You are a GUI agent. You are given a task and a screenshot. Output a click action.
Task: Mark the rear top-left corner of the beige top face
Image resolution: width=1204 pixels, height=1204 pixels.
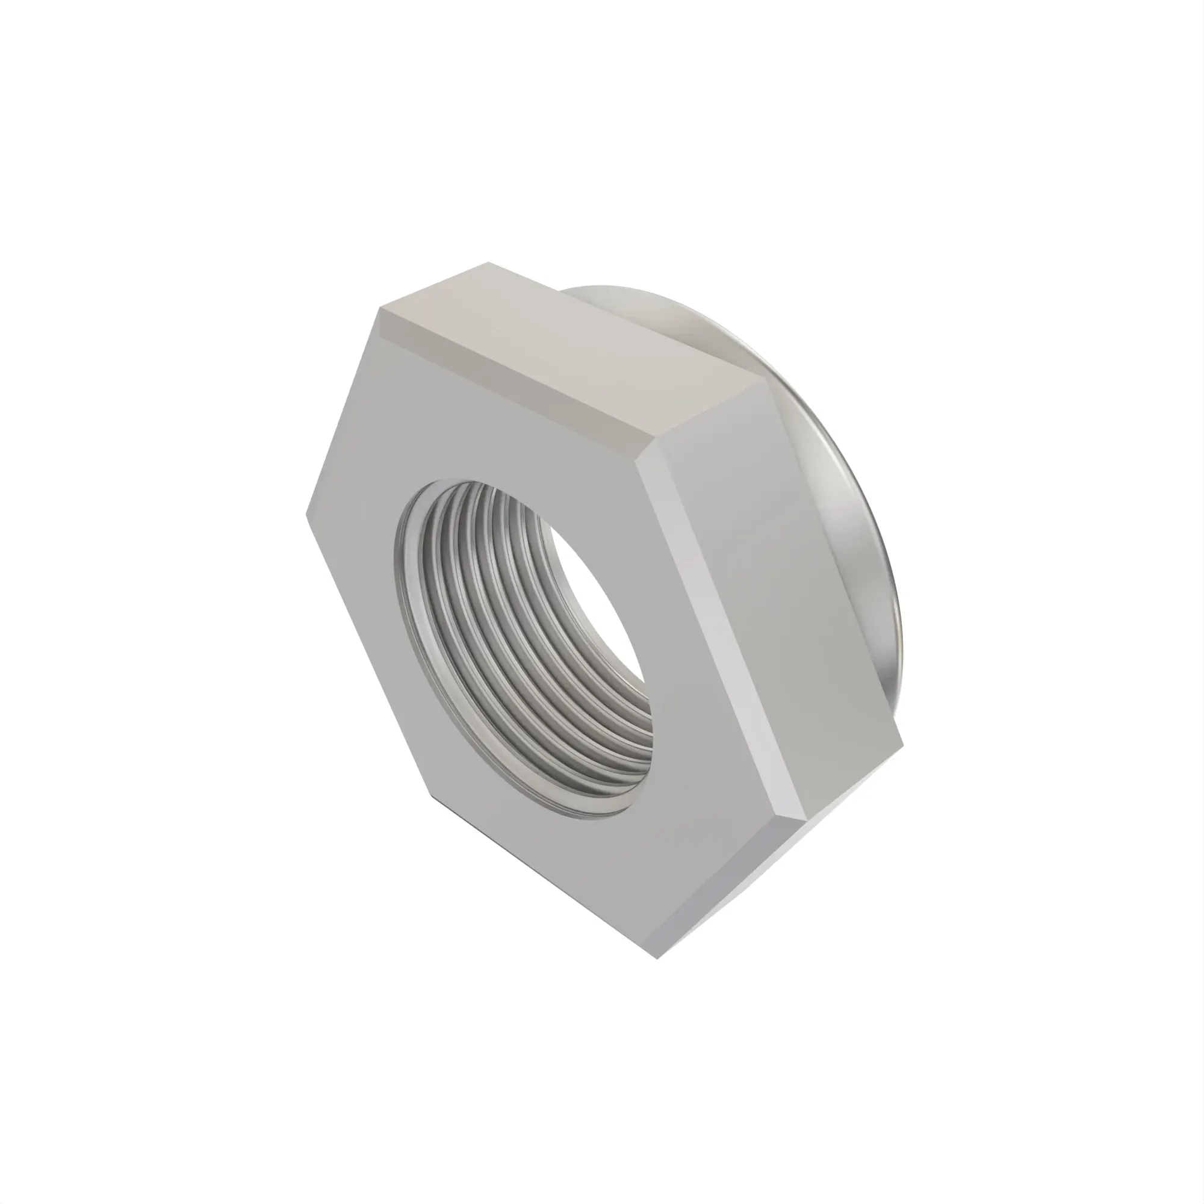coord(489,262)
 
